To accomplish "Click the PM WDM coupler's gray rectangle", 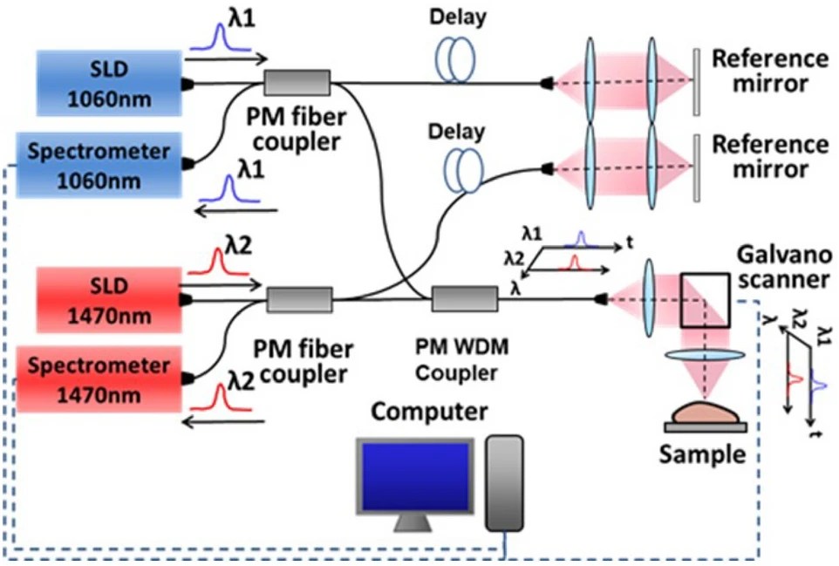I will [464, 300].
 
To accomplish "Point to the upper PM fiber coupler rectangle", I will [297, 84].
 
